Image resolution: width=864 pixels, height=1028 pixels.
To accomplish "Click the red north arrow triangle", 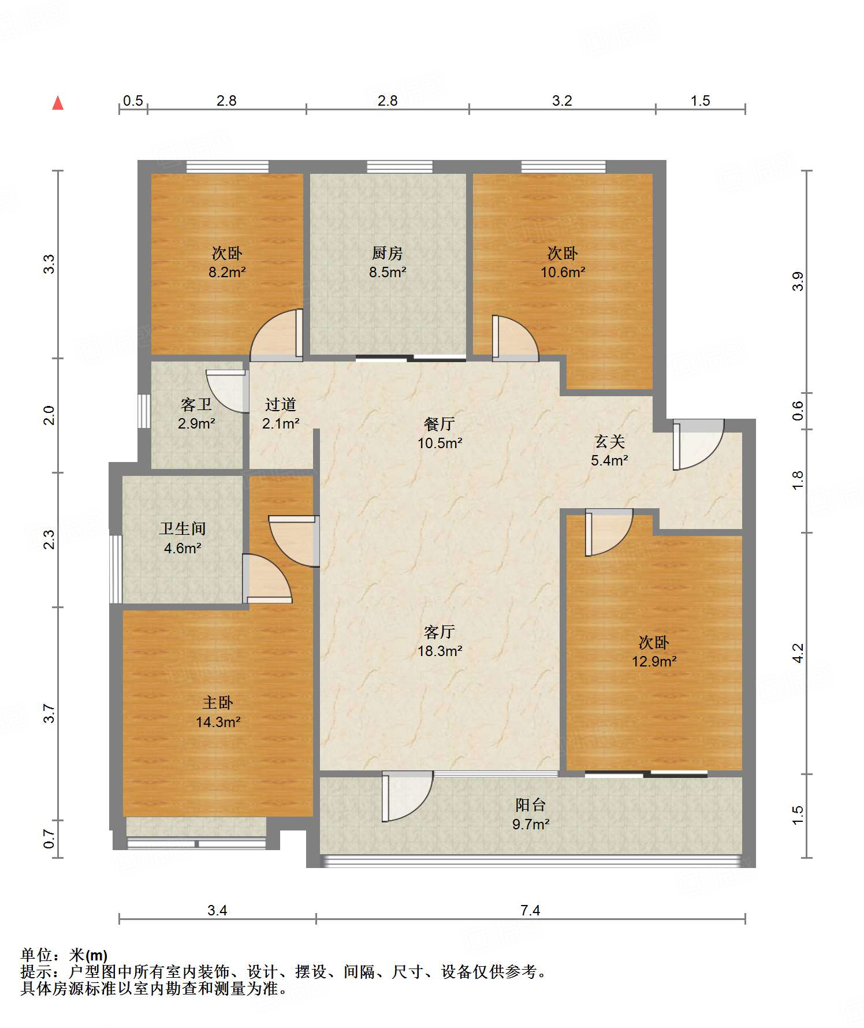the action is [58, 103].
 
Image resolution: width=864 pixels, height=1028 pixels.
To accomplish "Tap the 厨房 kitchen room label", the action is [387, 253].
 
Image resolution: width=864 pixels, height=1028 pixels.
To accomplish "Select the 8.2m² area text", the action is [227, 272].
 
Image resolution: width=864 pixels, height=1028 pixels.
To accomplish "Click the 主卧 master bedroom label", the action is [218, 703].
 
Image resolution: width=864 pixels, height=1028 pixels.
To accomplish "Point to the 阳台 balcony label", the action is [530, 805].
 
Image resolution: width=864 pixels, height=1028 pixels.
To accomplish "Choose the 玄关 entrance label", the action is [610, 442].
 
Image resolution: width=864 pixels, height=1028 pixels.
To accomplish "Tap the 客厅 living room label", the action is [440, 632].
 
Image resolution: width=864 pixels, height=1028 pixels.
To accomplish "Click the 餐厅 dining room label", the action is [440, 424].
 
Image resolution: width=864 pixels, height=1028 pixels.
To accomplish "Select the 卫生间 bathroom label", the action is [183, 528].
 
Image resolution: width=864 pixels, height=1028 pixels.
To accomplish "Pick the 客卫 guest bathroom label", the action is [196, 404].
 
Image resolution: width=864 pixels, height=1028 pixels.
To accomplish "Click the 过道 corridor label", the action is [281, 404].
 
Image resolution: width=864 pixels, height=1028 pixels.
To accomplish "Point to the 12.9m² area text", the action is [654, 661].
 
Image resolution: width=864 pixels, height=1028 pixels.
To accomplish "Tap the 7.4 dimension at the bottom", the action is [530, 911].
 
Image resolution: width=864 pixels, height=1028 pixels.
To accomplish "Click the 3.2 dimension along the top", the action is [562, 101].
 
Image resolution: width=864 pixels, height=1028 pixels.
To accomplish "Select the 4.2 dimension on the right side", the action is [798, 653].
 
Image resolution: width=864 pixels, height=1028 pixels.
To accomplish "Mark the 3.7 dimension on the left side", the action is [50, 713].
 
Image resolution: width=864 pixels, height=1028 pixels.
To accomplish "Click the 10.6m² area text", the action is [563, 272].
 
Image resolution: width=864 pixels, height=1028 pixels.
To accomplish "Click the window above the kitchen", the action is [400, 167].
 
